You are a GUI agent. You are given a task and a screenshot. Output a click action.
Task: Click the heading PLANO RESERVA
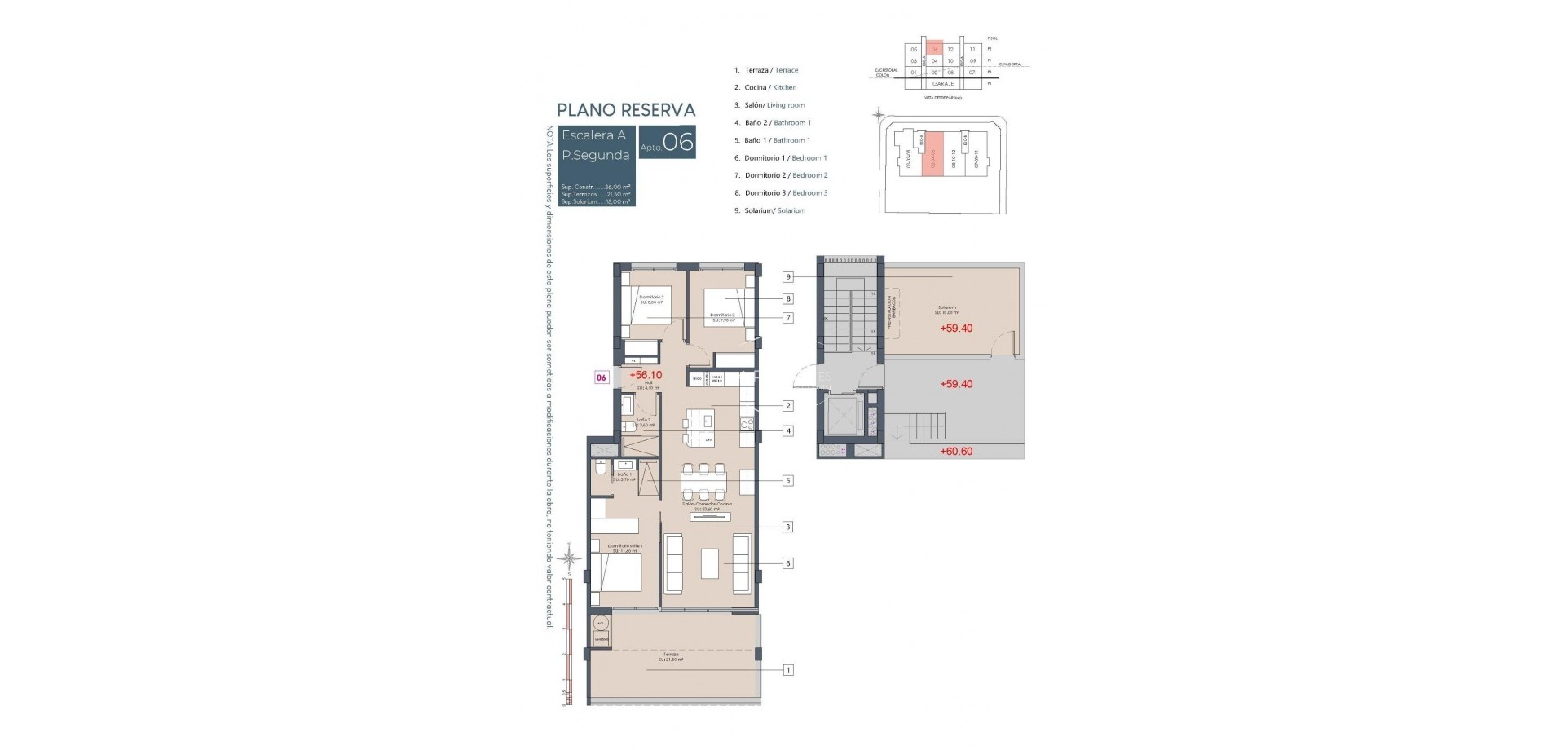pos(626,110)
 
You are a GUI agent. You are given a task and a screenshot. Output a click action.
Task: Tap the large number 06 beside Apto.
pos(678,143)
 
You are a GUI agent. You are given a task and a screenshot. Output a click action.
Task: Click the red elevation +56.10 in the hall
pos(646,375)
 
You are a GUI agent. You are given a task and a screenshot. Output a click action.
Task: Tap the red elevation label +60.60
pos(956,451)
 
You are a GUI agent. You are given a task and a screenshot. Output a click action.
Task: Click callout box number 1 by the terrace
pos(788,670)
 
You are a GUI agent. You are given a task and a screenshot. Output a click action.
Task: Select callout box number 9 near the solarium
pos(788,277)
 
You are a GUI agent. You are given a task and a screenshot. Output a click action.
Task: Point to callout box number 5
pos(788,481)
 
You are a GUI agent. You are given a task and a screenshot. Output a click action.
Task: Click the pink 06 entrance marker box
pos(602,377)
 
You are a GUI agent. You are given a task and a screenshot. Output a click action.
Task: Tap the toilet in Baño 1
pos(600,469)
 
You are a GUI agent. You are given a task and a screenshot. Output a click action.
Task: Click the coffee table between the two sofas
pos(710,563)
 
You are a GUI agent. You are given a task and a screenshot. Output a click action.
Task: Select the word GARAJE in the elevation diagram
pos(943,83)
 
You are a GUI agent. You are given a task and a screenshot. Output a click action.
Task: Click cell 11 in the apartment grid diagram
pos(972,50)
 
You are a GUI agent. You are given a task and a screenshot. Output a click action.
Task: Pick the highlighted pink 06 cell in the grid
pos(935,50)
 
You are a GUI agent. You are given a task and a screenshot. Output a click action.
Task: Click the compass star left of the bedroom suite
pos(571,558)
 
